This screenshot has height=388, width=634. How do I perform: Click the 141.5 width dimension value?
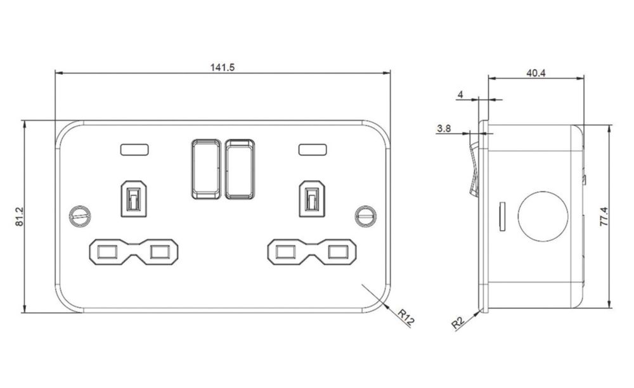[x=222, y=67]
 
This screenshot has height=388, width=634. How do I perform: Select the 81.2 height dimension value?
[x=20, y=217]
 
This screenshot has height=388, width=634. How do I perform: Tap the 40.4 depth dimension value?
[x=536, y=73]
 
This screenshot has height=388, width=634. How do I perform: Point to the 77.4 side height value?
[x=604, y=216]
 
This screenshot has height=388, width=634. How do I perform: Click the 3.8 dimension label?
[x=444, y=129]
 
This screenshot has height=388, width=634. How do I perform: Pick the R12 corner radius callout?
[x=406, y=318]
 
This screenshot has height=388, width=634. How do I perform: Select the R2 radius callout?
[x=458, y=323]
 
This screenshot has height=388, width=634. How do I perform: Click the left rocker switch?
[x=206, y=169]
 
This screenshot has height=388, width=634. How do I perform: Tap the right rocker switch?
[x=240, y=169]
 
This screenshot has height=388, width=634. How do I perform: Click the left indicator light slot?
[x=134, y=150]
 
